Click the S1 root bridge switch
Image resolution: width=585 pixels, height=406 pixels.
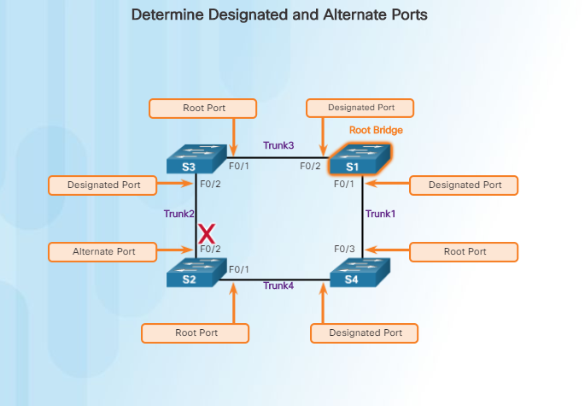click(x=360, y=160)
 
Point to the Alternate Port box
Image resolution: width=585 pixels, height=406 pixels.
click(x=102, y=251)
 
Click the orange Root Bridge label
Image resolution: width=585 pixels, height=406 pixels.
click(x=376, y=131)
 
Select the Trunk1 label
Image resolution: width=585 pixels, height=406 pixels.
click(x=380, y=214)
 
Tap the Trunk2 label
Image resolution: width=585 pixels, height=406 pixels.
click(x=178, y=214)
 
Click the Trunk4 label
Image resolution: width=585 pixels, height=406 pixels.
click(x=278, y=285)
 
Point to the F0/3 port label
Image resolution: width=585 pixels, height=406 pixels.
click(x=343, y=249)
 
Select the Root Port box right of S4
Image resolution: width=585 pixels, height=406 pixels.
click(x=465, y=251)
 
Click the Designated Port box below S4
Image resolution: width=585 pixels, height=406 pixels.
click(x=364, y=333)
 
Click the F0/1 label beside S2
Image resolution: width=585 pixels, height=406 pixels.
click(x=239, y=269)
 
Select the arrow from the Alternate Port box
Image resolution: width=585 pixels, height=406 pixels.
click(x=174, y=251)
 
